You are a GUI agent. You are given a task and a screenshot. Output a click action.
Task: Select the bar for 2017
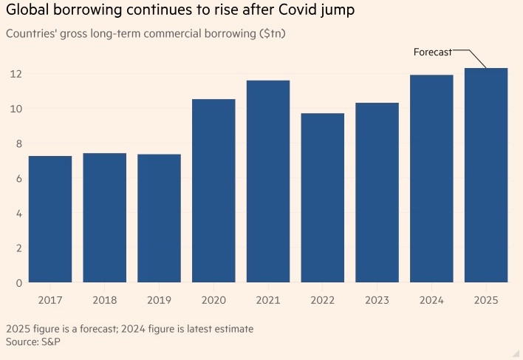[x=49, y=219]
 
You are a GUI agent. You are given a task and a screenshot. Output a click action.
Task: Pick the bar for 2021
[x=267, y=181]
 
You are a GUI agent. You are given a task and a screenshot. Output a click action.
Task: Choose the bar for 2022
[x=322, y=197]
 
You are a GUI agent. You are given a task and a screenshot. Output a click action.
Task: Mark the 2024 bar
[x=431, y=178]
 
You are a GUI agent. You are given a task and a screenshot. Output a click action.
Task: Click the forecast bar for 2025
[x=486, y=175]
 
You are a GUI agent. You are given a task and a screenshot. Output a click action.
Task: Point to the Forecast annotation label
[x=432, y=52]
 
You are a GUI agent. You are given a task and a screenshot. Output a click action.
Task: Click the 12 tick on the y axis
[x=14, y=74]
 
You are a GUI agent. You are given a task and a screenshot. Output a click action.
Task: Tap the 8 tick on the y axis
[x=17, y=143]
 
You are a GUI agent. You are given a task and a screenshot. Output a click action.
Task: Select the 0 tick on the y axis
[x=17, y=283]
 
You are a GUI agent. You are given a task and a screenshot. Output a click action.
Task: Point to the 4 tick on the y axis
[x=17, y=214]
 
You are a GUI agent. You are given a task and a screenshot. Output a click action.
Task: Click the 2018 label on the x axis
[x=104, y=301]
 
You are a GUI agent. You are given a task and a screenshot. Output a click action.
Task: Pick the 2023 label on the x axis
[x=377, y=301]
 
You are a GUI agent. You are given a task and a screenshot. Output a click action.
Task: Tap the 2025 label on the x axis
[x=486, y=301]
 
